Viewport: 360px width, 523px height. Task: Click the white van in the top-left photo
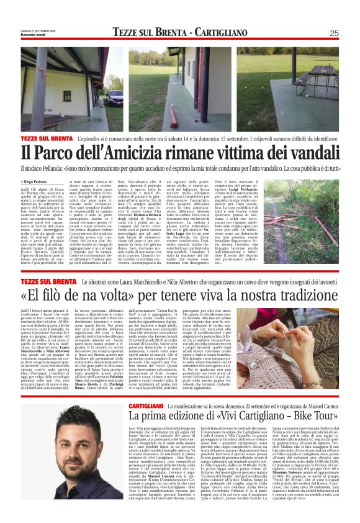pos(116,98)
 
